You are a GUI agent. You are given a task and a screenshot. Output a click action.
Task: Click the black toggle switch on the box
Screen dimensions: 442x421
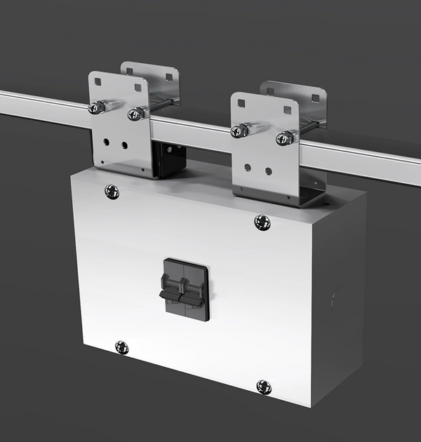186,289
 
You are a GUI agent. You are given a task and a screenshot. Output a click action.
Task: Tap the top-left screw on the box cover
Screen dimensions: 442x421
112,191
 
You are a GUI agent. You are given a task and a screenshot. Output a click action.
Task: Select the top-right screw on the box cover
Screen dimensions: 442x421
262,222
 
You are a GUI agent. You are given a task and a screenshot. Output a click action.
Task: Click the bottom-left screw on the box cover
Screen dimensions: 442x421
121,347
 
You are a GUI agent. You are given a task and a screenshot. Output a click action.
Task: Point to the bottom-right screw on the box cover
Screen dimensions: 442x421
264,386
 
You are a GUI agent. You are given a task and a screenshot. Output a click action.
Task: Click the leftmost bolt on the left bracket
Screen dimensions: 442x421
96,107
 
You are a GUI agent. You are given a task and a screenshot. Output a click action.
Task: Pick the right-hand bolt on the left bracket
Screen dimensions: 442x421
135,113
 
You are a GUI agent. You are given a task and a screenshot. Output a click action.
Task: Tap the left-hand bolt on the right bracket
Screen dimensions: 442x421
240,130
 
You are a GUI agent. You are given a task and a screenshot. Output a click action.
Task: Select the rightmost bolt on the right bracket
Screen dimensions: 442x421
284,138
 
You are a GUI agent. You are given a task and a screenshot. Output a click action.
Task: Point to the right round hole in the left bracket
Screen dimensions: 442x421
124,145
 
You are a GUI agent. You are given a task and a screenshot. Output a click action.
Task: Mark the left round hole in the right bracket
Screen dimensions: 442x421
248,167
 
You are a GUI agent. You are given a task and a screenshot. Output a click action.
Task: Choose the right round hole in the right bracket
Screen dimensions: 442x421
268,170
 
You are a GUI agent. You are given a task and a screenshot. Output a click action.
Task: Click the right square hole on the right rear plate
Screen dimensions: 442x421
315,98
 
